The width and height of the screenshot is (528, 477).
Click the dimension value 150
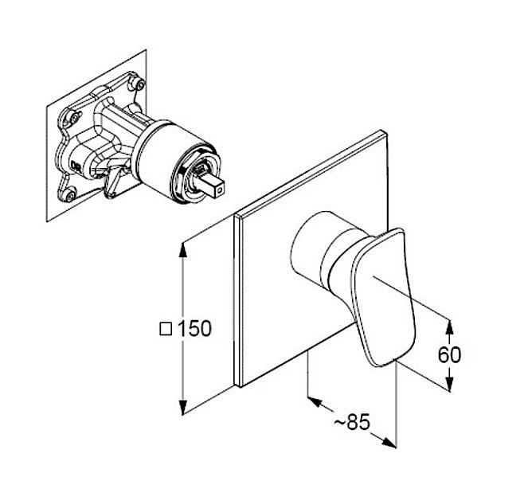tap(194, 328)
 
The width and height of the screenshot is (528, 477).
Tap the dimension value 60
tap(449, 354)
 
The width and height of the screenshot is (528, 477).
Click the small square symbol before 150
tap(166, 329)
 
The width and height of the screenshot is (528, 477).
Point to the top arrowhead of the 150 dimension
tap(182, 250)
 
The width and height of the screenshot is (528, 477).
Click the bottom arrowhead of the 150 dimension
tap(182, 407)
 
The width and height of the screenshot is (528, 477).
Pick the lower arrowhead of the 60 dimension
tap(449, 384)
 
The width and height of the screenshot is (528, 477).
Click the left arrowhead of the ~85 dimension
tap(315, 401)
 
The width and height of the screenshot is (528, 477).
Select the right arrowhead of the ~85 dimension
tap(389, 443)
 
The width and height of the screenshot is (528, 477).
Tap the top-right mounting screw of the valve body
tap(139, 83)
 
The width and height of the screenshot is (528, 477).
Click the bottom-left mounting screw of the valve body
tap(69, 195)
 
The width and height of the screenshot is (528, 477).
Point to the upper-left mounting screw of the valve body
tap(74, 118)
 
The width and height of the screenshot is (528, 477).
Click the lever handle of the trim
tap(384, 297)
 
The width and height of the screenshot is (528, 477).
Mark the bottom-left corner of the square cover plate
tap(241, 386)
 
